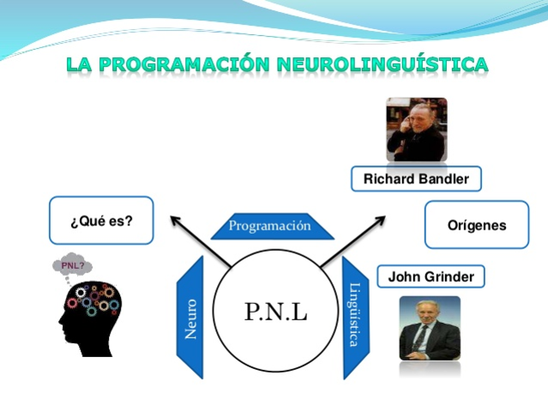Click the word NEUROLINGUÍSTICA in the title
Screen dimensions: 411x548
tap(382, 64)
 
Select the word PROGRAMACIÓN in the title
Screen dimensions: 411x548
tap(184, 64)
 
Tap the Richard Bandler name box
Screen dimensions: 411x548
tap(416, 179)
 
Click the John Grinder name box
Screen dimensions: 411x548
tap(431, 277)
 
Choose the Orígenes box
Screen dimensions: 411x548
tap(477, 225)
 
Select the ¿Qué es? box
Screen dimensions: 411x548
tap(101, 220)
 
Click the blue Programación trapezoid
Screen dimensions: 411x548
tap(268, 227)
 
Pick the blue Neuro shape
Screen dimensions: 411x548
tap(190, 317)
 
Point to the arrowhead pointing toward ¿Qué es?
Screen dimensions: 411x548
tap(175, 220)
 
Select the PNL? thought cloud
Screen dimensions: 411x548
tap(72, 265)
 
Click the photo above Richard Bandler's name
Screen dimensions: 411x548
tap(416, 129)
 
